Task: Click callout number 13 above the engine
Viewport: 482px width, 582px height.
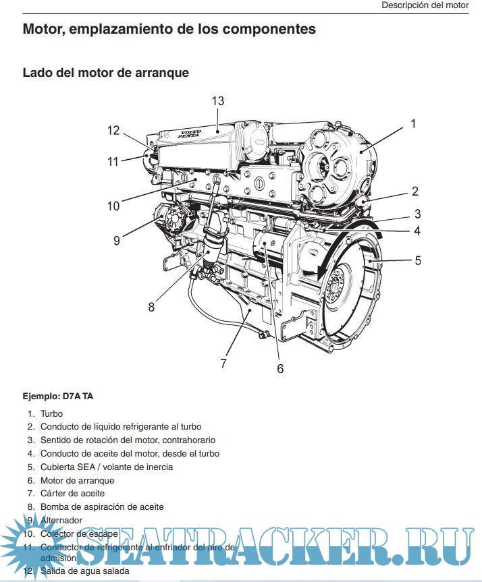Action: pos(217,101)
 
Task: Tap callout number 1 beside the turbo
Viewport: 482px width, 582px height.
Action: pos(412,123)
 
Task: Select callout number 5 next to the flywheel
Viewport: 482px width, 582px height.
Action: pos(417,260)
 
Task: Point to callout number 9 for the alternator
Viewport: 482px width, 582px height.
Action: pos(117,240)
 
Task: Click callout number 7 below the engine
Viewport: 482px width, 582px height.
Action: pos(223,363)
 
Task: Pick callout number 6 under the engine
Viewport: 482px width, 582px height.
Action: pos(280,368)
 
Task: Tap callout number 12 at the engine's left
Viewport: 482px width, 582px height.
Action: pos(113,131)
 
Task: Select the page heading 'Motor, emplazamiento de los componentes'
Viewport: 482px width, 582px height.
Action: pos(169,29)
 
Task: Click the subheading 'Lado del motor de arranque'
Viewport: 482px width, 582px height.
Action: pos(106,72)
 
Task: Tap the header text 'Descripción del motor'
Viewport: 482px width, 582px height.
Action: pos(425,5)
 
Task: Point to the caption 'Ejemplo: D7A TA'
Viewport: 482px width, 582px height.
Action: pos(58,396)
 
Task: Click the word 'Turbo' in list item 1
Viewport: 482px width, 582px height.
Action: pos(51,413)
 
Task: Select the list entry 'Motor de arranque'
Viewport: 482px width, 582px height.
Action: pos(77,480)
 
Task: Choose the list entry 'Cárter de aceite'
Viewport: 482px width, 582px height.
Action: pos(72,494)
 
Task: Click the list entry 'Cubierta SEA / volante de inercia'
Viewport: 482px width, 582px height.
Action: pos(107,467)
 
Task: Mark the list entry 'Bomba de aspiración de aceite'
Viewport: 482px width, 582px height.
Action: pos(102,506)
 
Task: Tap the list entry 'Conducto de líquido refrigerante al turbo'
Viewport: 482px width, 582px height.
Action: pos(121,427)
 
